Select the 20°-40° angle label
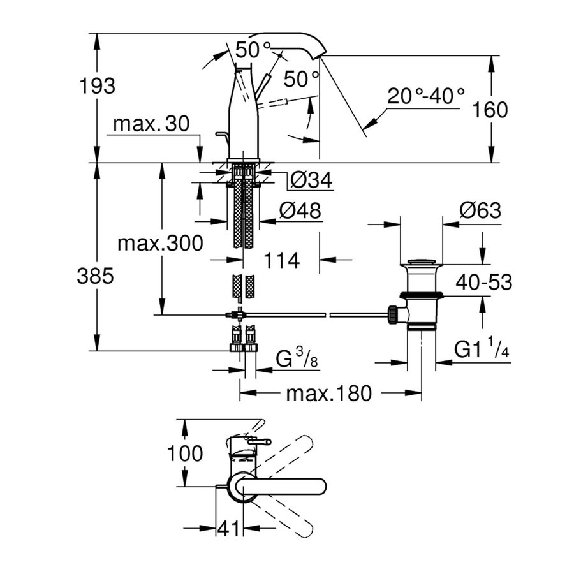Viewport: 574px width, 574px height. [427, 98]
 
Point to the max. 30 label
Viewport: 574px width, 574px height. [151, 124]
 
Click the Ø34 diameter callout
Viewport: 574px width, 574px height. [311, 181]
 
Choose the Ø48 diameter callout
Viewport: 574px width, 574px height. [300, 210]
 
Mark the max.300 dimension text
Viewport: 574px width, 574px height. [161, 242]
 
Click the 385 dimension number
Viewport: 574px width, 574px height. [96, 276]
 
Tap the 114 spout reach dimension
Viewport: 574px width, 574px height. [281, 260]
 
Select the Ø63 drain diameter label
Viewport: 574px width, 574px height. [480, 211]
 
